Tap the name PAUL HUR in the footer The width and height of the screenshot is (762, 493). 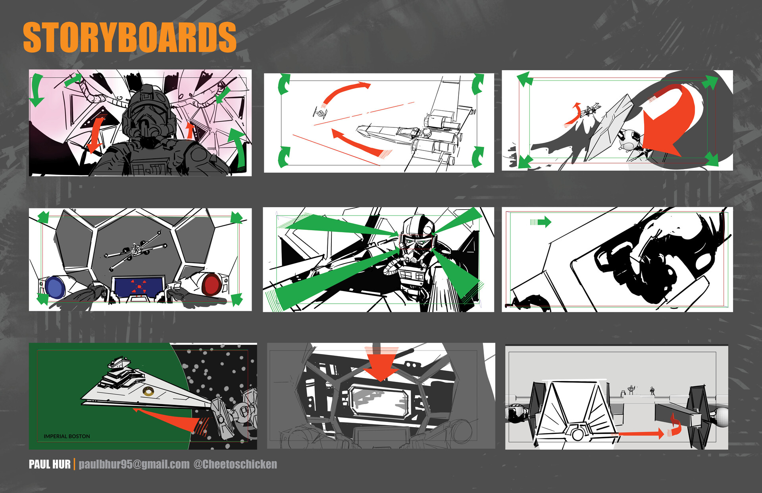tap(50, 464)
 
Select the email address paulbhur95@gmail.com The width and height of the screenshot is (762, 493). tap(134, 464)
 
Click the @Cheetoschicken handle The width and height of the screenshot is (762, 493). tap(235, 464)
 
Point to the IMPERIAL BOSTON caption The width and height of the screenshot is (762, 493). tap(67, 436)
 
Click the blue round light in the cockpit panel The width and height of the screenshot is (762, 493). tap(55, 287)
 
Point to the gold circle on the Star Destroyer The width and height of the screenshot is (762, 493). tap(148, 391)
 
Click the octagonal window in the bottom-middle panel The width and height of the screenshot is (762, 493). tap(379, 401)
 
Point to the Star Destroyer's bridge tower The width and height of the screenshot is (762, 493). tap(119, 363)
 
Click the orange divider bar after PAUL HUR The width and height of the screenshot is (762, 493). tap(74, 464)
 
